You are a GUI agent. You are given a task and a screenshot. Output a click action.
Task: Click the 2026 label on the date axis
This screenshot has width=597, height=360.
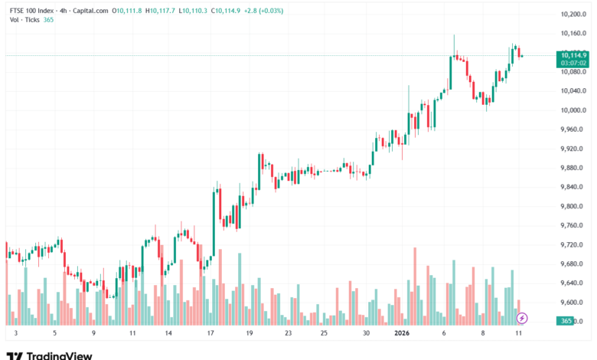pos(402,334)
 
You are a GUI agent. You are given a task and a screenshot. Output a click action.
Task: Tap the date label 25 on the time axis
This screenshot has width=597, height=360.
pos(325,334)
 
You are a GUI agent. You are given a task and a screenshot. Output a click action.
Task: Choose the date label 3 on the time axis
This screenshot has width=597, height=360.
pos(16,334)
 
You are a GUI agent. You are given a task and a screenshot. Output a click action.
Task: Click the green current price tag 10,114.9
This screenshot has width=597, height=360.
pos(573,55)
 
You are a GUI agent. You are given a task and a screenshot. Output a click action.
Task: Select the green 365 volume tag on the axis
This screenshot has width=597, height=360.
pos(567,321)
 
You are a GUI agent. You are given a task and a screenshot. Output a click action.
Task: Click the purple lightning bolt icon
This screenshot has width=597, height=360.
pos(522,317)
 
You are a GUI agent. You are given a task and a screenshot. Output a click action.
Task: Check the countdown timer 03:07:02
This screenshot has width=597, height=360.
pos(573,64)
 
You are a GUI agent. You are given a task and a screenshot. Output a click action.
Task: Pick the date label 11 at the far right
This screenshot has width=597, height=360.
pos(520,334)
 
